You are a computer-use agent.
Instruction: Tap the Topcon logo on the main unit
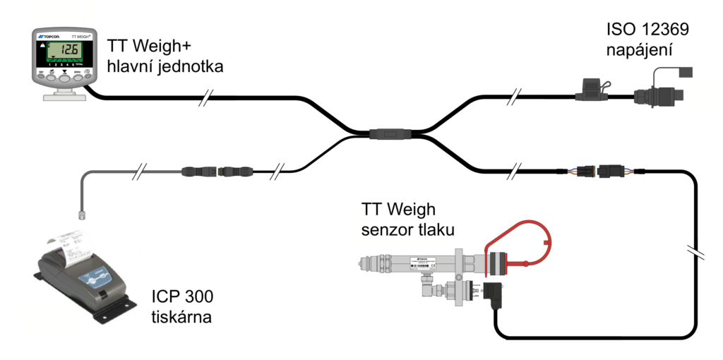(x=47, y=35)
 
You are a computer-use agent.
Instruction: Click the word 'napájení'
(x=639, y=51)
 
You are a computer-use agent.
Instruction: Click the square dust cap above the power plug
(x=684, y=71)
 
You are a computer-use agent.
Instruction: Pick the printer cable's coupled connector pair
(x=213, y=171)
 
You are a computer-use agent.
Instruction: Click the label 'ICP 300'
(x=181, y=297)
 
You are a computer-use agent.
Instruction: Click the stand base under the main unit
(x=63, y=93)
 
